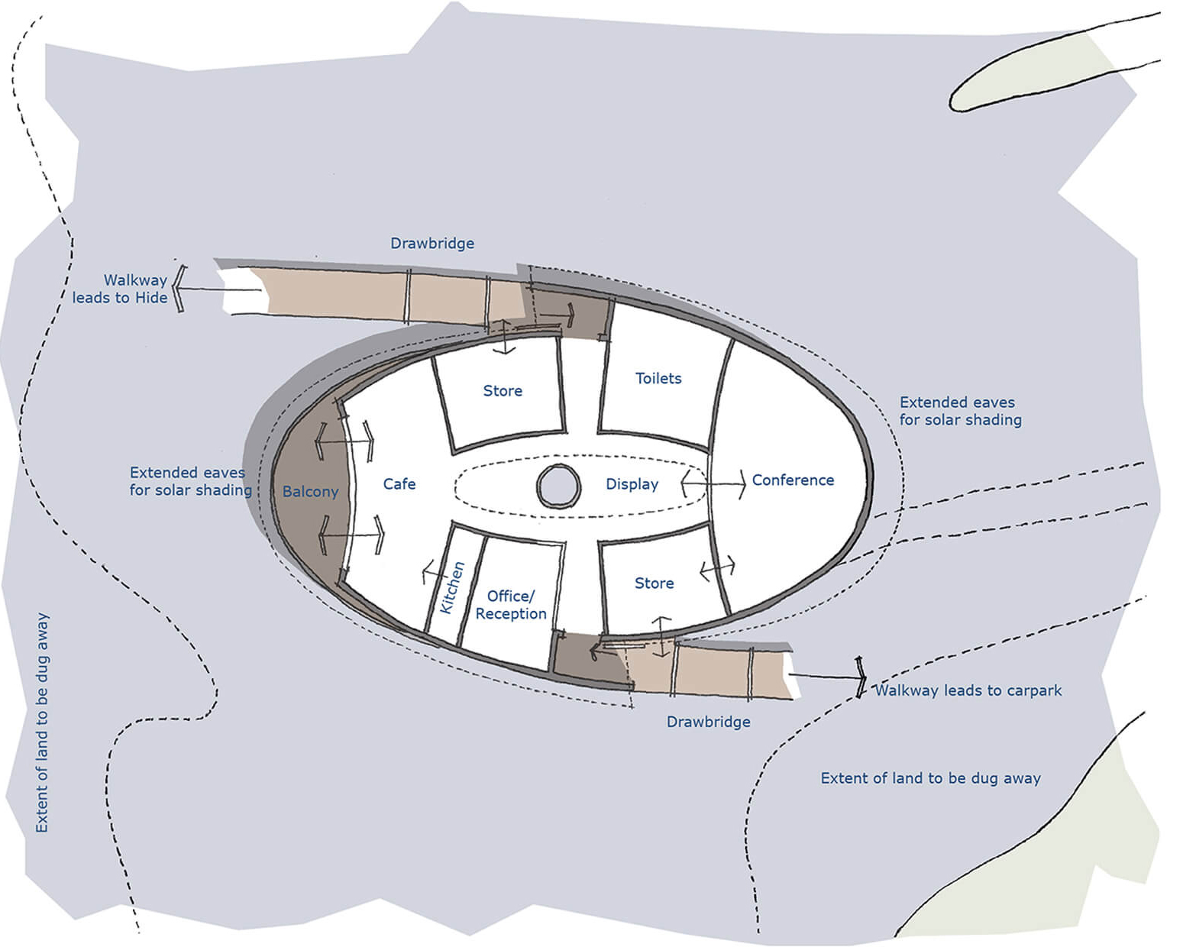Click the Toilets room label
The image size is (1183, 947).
658,378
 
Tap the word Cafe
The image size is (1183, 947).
399,484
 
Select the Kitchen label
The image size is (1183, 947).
452,587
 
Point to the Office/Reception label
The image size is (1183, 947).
511,605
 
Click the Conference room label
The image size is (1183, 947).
793,480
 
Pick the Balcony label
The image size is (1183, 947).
310,492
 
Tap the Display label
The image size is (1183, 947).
632,484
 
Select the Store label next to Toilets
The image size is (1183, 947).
503,391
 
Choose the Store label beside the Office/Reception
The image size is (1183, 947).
655,583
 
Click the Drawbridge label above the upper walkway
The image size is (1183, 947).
432,243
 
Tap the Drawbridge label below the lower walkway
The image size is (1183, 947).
708,722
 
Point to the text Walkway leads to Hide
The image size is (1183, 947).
120,289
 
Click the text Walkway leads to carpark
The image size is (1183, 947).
968,690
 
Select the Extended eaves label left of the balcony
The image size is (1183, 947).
190,481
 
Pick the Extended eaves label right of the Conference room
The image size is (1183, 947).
960,411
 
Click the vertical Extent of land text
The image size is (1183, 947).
42,722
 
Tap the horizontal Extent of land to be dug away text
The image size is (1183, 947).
931,778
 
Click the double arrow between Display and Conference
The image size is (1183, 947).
713,484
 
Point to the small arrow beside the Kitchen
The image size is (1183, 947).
435,573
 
